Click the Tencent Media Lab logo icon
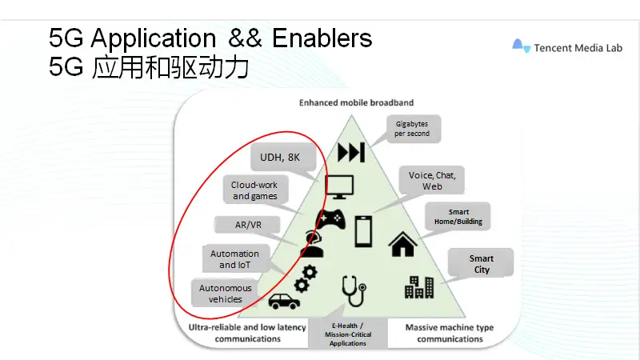coord(522,46)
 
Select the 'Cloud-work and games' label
coord(255,190)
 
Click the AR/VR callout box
coord(249,225)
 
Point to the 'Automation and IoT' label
coord(234,259)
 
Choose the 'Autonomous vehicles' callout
coord(226,294)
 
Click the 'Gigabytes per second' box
coord(412,128)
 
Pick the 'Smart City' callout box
coord(481,264)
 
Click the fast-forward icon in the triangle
coord(350,152)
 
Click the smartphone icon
coord(364,231)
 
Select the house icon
coord(402,243)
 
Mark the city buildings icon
coord(418,286)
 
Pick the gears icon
coord(306,277)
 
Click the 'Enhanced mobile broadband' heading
coord(356,102)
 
